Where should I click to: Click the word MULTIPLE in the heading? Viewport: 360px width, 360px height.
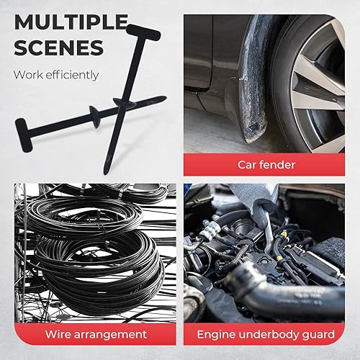[69, 22]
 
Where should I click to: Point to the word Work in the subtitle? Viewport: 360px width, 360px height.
[28, 75]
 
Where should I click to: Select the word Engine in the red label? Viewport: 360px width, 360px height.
[219, 335]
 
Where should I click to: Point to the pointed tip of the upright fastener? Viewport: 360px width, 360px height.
[107, 171]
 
